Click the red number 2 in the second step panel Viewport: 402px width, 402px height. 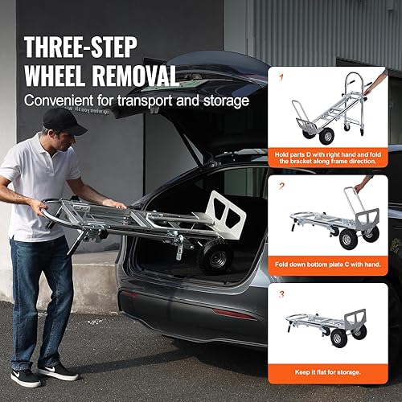(281, 186)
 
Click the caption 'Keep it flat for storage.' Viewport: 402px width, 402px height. (334, 371)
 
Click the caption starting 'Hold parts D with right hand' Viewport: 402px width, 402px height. (334, 157)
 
